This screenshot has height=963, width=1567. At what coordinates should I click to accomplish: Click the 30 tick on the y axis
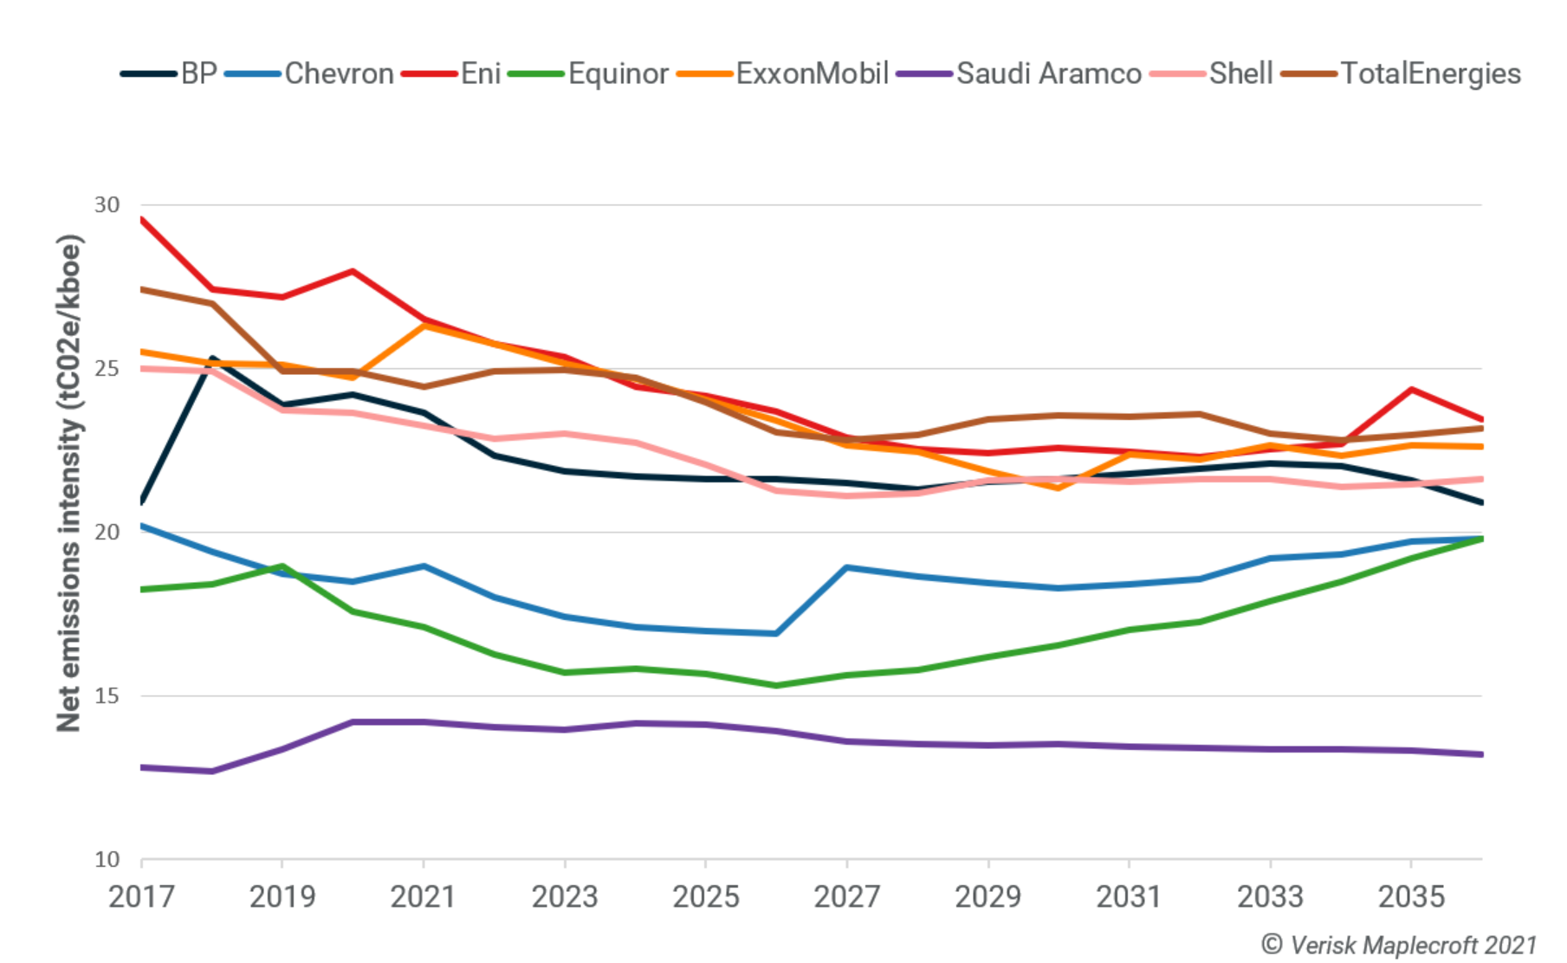(x=107, y=205)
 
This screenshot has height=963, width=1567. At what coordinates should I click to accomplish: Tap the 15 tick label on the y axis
(x=107, y=696)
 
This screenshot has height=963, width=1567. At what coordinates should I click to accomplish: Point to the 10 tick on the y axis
(x=107, y=860)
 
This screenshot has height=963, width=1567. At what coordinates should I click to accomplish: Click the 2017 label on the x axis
(x=141, y=897)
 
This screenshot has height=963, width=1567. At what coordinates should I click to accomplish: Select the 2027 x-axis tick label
(x=846, y=897)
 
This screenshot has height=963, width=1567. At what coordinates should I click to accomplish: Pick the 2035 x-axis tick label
(x=1411, y=897)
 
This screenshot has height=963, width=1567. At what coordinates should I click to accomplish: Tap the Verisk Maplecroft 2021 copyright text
(x=1398, y=945)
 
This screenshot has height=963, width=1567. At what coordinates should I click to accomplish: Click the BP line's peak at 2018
(x=212, y=358)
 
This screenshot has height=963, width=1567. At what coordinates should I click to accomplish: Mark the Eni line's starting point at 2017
(x=142, y=220)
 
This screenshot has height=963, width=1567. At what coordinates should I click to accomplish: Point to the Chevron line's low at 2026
(x=776, y=634)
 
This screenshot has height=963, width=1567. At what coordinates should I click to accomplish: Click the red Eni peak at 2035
(x=1411, y=390)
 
